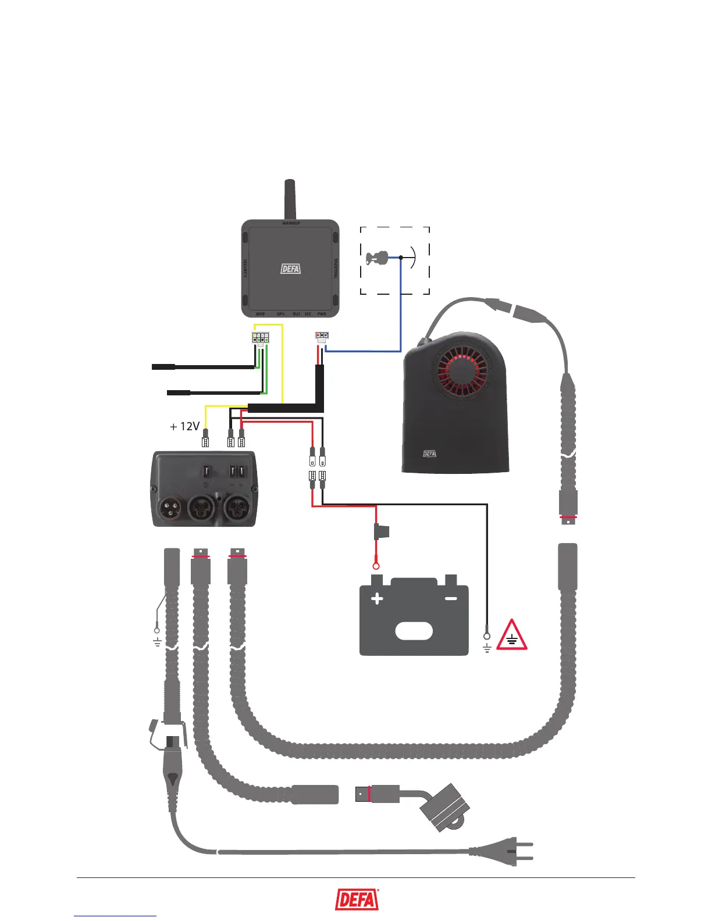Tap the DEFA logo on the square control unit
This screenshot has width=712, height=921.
pyautogui.click(x=291, y=269)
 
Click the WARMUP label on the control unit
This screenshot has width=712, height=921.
pyautogui.click(x=291, y=223)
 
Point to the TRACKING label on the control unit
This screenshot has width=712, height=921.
pyautogui.click(x=336, y=268)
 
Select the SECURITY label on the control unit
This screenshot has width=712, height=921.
pyautogui.click(x=245, y=268)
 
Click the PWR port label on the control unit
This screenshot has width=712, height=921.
pyautogui.click(x=322, y=314)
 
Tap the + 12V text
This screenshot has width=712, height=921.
pyautogui.click(x=184, y=427)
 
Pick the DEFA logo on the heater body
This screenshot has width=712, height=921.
pyautogui.click(x=429, y=454)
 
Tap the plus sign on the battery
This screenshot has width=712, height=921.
pyautogui.click(x=377, y=598)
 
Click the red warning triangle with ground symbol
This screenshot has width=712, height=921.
pyautogui.click(x=512, y=636)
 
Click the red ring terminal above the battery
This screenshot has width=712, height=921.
pyautogui.click(x=376, y=565)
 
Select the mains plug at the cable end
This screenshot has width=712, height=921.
pyautogui.click(x=512, y=853)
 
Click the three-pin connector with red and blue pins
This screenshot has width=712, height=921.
pyautogui.click(x=322, y=335)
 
